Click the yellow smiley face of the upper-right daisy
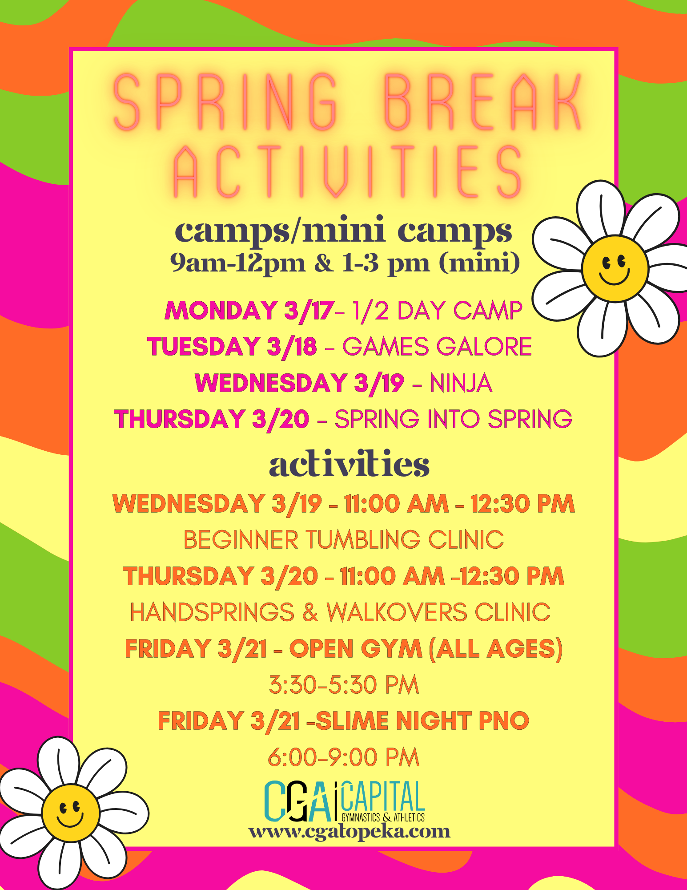point(615,268)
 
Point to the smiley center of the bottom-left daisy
point(71,813)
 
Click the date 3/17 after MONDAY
point(309,310)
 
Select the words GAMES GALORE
point(437,347)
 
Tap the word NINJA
point(461,383)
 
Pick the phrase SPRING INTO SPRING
point(453,419)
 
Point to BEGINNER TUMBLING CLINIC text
point(344,540)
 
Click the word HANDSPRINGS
point(212,612)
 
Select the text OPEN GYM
point(356,648)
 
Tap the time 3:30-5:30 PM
point(344,685)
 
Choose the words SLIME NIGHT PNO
point(422,721)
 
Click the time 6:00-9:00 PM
point(344,757)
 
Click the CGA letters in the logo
point(298,801)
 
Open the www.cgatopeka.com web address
point(350,831)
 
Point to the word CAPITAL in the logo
point(383,797)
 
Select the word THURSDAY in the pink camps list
point(180,419)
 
